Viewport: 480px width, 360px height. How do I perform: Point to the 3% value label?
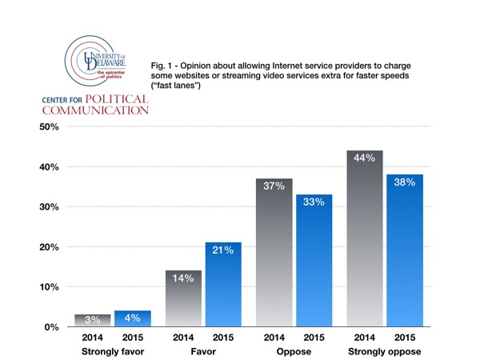pos(92,320)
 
